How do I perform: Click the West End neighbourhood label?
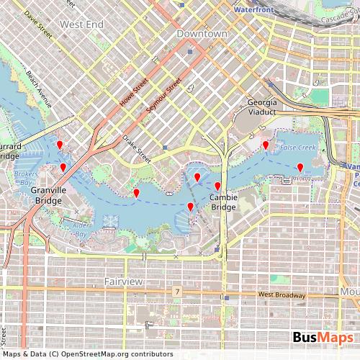[82, 24]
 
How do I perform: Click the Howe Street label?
[134, 92]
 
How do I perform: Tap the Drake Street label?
[136, 148]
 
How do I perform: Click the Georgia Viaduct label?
[261, 107]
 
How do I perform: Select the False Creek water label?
[299, 147]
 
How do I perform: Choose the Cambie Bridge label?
[223, 202]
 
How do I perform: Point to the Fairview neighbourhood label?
[124, 281]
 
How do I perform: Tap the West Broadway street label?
[282, 295]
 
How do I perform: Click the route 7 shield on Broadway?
[176, 292]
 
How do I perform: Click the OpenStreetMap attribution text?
[89, 354]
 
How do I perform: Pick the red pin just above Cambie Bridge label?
[217, 186]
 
